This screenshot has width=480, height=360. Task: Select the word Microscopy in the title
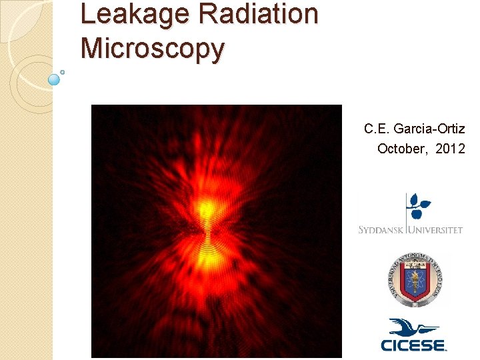152,49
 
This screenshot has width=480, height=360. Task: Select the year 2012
450,149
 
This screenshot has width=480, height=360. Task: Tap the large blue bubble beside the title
55,79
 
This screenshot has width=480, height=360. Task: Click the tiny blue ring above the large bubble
62,71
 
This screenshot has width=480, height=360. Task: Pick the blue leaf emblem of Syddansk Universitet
419,206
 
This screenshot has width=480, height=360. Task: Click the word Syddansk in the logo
380,230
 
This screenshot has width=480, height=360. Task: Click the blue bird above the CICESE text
413,328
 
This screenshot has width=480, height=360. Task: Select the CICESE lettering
413,345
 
